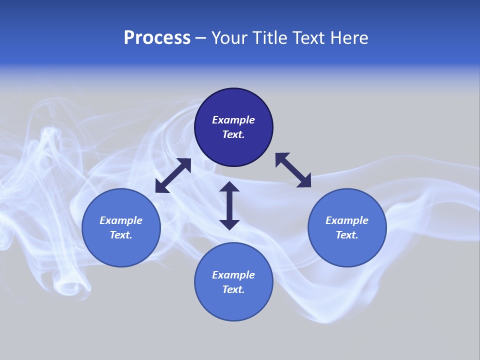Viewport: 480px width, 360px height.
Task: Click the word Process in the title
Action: [157, 37]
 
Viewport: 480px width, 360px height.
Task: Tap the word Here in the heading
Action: [348, 37]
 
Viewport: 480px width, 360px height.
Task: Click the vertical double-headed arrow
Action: [229, 206]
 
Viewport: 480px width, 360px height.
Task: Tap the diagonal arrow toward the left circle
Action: [173, 175]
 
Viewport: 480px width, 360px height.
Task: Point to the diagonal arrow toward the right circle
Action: [293, 170]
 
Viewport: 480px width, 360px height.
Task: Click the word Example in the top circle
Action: [233, 120]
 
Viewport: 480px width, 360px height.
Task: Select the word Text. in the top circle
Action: [233, 134]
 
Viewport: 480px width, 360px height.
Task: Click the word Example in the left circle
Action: [121, 220]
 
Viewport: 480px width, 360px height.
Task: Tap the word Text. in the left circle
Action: [121, 235]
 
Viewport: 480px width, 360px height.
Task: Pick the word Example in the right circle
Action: [347, 220]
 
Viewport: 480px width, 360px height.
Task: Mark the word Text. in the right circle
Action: [347, 235]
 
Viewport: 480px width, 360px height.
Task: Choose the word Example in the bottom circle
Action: [233, 275]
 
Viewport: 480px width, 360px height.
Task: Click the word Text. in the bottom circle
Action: [233, 289]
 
